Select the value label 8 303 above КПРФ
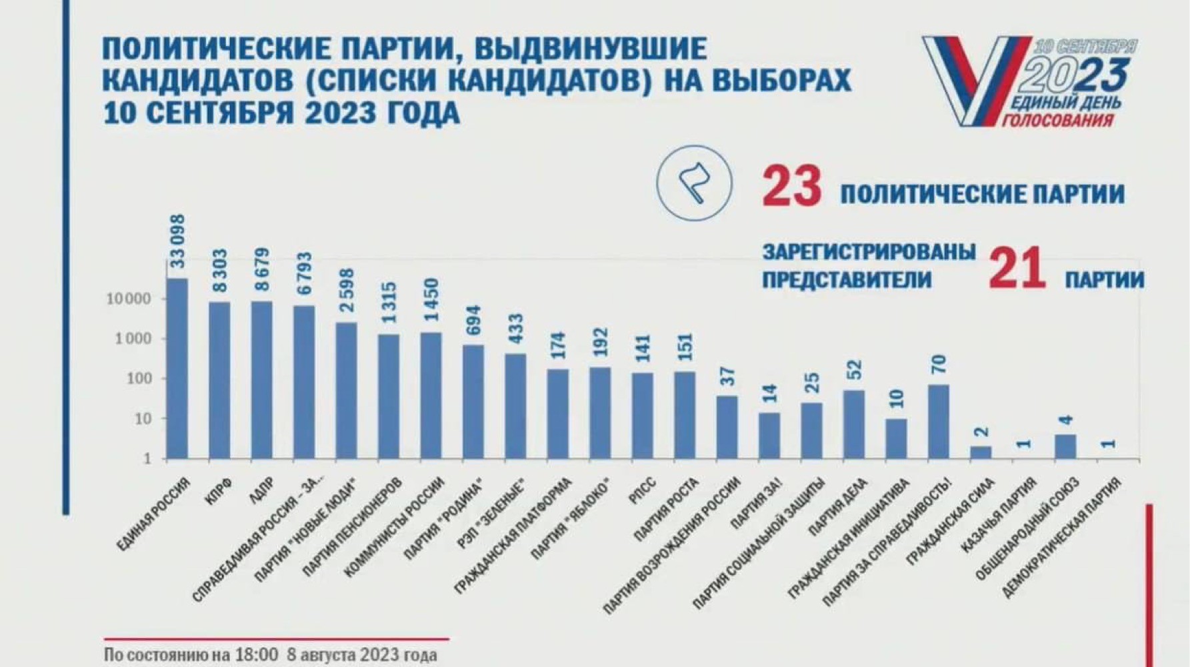(219, 271)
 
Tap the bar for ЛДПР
(261, 380)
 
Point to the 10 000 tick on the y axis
(129, 299)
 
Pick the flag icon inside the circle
(694, 183)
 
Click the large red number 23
(792, 187)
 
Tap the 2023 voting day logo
(1030, 81)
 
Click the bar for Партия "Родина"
(473, 402)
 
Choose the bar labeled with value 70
(938, 422)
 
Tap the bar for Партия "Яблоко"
(600, 413)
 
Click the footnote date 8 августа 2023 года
(361, 654)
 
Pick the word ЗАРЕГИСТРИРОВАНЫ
(869, 252)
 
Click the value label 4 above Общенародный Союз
(1065, 421)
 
